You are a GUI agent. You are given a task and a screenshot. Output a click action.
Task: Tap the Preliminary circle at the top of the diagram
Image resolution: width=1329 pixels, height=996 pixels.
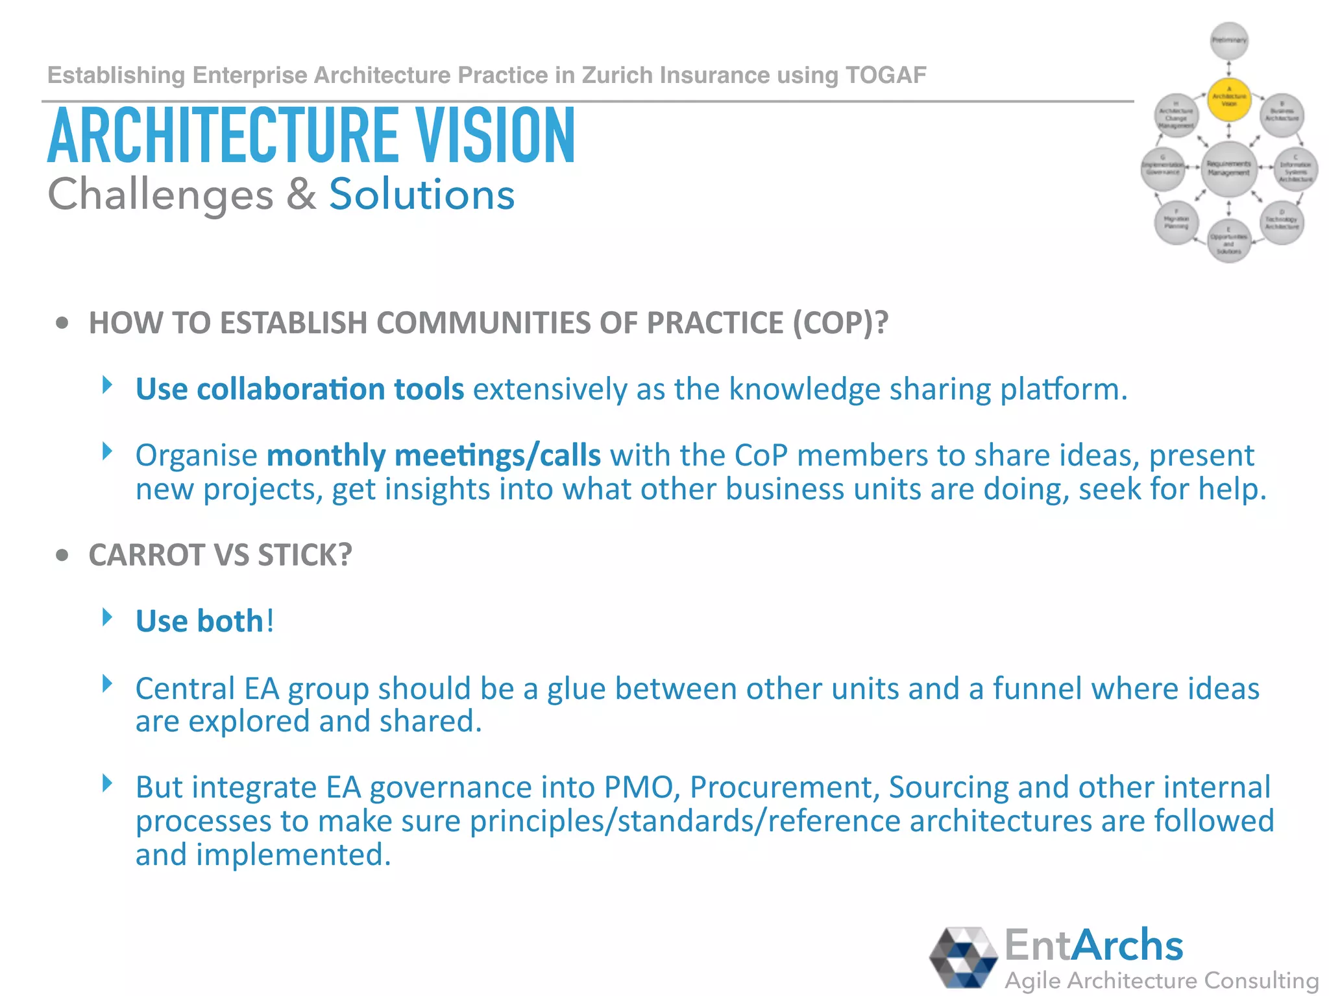pyautogui.click(x=1229, y=40)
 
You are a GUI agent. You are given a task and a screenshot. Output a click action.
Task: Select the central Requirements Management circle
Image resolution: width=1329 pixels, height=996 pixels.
pyautogui.click(x=1229, y=169)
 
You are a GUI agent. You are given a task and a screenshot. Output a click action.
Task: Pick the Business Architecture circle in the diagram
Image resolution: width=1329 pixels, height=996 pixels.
pyautogui.click(x=1282, y=115)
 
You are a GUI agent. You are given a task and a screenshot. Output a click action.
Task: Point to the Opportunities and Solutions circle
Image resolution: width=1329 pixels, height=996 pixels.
pyautogui.click(x=1229, y=241)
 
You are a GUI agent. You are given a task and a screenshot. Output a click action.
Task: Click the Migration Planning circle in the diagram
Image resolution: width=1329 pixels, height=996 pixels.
pyautogui.click(x=1177, y=223)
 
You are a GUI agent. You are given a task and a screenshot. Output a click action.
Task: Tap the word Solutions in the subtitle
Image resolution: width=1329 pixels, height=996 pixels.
pyautogui.click(x=422, y=195)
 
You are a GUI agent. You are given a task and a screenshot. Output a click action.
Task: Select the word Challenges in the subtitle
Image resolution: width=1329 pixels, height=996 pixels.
pyautogui.click(x=160, y=195)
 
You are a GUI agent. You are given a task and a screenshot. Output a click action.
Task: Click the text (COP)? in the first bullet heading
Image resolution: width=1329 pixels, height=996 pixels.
pyautogui.click(x=840, y=323)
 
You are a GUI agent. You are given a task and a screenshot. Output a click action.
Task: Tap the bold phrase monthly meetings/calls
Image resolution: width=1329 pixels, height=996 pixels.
pyautogui.click(x=433, y=455)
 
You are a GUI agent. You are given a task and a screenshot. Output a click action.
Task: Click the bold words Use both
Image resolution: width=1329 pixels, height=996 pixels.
pyautogui.click(x=199, y=621)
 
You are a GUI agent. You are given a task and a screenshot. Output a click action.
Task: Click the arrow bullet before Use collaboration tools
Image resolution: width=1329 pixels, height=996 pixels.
pyautogui.click(x=108, y=385)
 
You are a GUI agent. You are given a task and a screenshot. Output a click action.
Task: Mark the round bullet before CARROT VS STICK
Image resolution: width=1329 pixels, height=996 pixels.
pyautogui.click(x=62, y=556)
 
